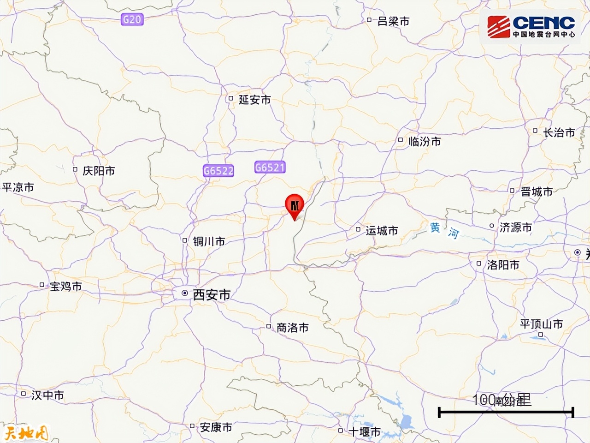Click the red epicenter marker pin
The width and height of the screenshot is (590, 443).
tap(295, 204)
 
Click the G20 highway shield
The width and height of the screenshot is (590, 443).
tap(132, 19)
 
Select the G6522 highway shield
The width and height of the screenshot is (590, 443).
tap(218, 171)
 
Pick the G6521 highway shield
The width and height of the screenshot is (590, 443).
tap(270, 167)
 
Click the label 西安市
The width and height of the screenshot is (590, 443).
tap(212, 294)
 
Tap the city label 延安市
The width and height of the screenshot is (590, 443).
tap(254, 99)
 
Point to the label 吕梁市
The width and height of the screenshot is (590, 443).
tap(393, 21)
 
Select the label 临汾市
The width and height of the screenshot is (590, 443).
tap(425, 141)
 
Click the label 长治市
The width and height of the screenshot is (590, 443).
tap(559, 132)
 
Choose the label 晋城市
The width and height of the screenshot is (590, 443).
tap(537, 192)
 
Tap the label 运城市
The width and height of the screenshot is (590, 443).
tap(382, 230)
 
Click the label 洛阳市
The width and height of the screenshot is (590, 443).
tap(503, 265)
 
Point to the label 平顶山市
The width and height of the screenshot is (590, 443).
tap(542, 324)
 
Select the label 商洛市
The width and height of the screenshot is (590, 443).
tap(292, 328)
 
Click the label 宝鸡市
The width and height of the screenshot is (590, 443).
tap(65, 286)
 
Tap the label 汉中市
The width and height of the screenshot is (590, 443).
tap(47, 395)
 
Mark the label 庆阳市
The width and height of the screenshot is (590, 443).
tap(98, 171)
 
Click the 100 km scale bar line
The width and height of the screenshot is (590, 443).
tap(506, 412)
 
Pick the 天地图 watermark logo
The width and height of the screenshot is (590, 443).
tap(25, 433)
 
